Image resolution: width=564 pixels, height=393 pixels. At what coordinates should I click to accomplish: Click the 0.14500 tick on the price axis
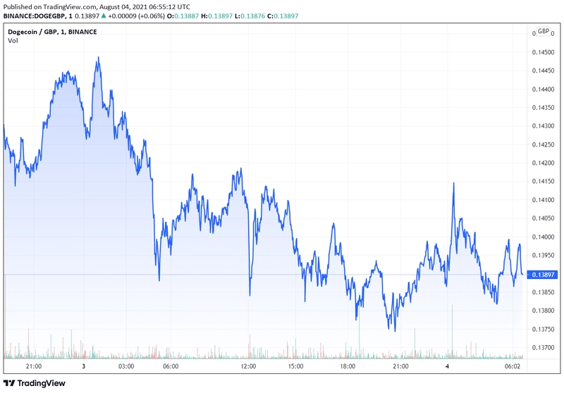[543, 52]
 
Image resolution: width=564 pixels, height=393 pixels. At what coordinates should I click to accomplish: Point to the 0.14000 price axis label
[543, 237]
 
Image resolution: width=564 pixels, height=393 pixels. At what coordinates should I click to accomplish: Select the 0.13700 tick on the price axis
[543, 348]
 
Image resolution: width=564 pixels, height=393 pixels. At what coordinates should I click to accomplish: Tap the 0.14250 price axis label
[543, 145]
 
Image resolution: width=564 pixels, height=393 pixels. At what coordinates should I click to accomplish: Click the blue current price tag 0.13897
[543, 275]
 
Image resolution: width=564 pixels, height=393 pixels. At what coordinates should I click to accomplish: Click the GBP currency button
[543, 31]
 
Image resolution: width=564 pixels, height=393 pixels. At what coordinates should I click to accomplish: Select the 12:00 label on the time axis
[249, 366]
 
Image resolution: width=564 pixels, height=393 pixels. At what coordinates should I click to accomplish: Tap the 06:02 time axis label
[513, 366]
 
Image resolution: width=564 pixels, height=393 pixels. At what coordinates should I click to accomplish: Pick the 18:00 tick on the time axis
[348, 366]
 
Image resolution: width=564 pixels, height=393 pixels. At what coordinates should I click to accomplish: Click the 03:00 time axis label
[126, 366]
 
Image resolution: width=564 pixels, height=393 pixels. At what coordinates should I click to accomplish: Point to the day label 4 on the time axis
[447, 366]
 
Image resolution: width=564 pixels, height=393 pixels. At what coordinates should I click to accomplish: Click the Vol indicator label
[13, 41]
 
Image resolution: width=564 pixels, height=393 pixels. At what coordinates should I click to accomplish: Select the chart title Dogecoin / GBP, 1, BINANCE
[52, 32]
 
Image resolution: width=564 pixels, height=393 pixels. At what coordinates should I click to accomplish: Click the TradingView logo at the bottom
[35, 383]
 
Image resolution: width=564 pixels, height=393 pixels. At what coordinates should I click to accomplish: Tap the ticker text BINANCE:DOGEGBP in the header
[35, 15]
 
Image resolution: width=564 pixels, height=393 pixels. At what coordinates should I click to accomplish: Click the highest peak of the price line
[99, 57]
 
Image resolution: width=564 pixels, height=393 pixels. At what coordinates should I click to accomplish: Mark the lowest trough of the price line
[395, 331]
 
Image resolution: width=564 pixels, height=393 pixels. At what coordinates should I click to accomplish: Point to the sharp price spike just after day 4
[453, 184]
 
